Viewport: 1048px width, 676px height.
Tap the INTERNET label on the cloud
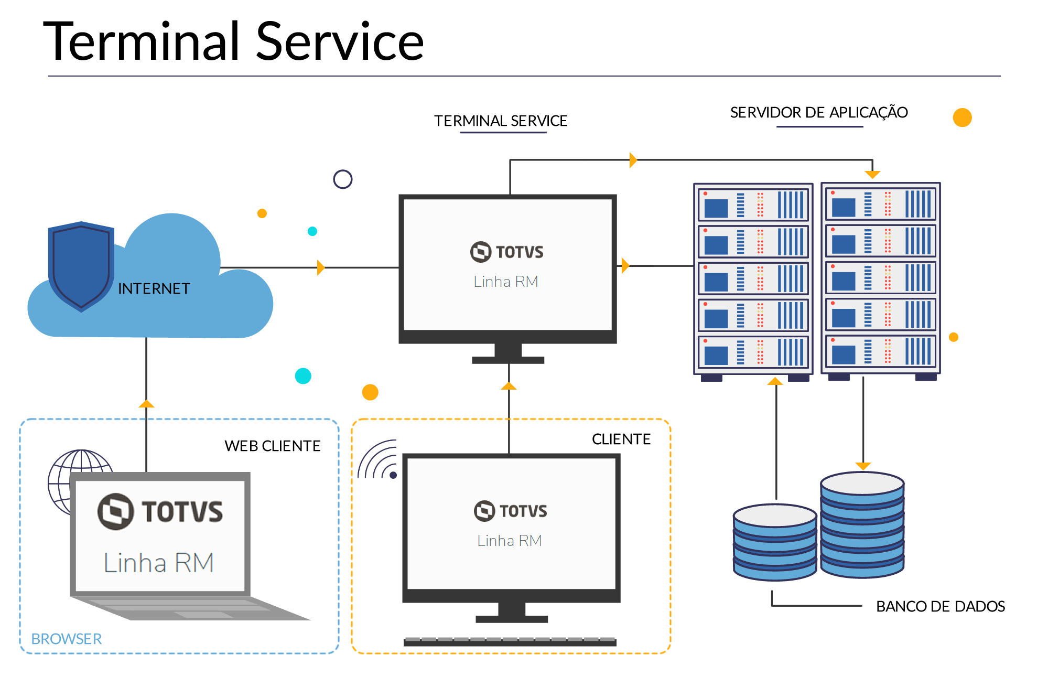pos(154,288)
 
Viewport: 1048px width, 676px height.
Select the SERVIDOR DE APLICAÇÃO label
pos(818,112)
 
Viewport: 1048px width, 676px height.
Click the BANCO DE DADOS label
pos(940,606)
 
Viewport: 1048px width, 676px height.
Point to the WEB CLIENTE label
pos(272,446)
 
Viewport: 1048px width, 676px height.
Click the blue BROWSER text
pos(67,639)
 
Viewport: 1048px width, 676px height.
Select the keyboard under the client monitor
pos(510,641)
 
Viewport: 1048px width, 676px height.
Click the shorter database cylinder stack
pos(775,543)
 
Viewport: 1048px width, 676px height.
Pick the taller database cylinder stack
pos(862,524)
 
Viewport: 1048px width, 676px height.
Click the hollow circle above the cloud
pos(343,179)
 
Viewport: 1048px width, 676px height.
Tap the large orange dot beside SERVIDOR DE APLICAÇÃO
pos(962,117)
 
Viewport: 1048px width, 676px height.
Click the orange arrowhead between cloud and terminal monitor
pos(320,267)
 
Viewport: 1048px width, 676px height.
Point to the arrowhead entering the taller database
pos(863,466)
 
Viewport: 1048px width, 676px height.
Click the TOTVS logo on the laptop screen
pos(160,511)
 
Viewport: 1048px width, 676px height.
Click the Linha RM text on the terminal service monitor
pos(505,282)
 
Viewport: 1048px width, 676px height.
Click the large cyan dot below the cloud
pos(303,376)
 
